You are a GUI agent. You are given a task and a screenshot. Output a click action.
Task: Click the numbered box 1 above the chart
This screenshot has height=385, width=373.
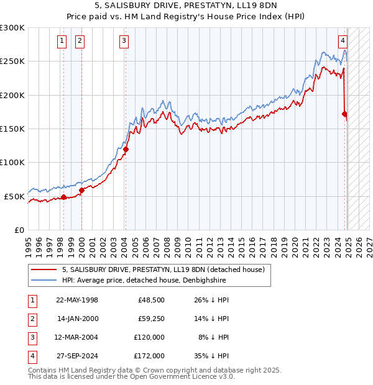click(x=63, y=42)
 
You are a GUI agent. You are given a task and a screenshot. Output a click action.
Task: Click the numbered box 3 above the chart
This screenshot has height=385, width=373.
click(x=124, y=42)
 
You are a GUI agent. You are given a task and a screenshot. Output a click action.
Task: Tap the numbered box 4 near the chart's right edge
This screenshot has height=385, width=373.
click(x=343, y=42)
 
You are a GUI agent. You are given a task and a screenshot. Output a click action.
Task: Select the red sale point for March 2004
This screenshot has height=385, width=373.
click(x=126, y=149)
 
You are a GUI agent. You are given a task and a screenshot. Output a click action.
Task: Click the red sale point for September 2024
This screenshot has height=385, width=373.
click(x=344, y=114)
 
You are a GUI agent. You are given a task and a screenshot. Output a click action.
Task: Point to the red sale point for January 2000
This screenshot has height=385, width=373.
click(x=81, y=190)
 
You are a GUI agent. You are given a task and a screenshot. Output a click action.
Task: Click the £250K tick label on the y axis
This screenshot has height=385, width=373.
click(x=12, y=61)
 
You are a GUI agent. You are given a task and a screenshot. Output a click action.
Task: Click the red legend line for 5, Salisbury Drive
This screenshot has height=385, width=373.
click(x=43, y=270)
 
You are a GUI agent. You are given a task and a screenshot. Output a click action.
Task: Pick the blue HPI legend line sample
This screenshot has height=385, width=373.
click(x=43, y=281)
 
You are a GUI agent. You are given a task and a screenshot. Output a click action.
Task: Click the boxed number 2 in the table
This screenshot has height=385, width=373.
click(x=32, y=319)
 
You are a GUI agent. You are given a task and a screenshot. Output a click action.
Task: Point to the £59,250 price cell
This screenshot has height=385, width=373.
click(x=149, y=319)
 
